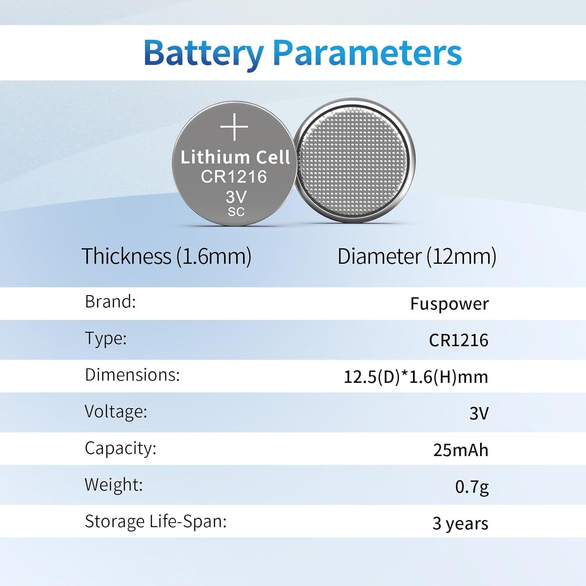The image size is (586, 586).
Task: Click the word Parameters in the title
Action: [x=368, y=53]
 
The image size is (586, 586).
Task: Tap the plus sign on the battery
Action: [x=234, y=127]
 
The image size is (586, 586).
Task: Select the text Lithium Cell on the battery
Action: [x=235, y=157]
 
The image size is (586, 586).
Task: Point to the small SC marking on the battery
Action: [x=236, y=212]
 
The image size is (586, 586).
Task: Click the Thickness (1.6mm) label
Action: [x=166, y=257]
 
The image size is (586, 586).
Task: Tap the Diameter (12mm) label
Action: [x=417, y=257]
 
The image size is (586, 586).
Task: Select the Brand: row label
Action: [x=111, y=302]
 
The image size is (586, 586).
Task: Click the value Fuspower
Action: [x=449, y=304]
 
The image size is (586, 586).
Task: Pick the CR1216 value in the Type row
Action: [x=459, y=340]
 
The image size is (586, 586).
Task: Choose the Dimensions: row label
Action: [x=132, y=375]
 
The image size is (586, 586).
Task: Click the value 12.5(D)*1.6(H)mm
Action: [x=416, y=377]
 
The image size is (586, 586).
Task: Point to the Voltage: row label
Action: [x=116, y=411]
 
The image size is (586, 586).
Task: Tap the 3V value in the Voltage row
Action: [x=479, y=413]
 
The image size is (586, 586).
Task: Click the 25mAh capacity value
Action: [x=461, y=450]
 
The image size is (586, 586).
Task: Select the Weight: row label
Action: [x=114, y=484]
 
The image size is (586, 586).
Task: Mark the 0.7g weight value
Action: [x=472, y=487]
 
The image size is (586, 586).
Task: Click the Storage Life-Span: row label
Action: [x=155, y=522]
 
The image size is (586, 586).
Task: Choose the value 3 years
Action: [x=460, y=523]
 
